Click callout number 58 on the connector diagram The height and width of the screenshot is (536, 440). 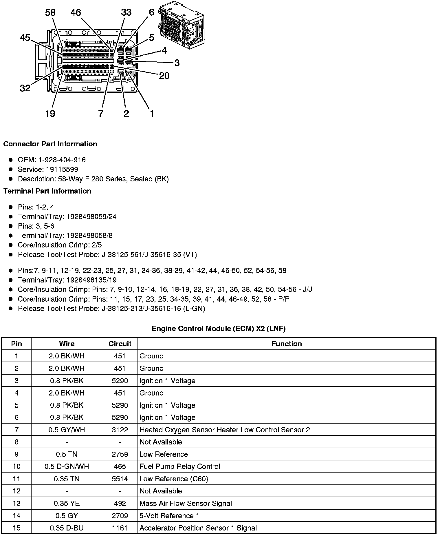click(x=50, y=12)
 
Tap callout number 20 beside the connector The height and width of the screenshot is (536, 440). click(x=164, y=76)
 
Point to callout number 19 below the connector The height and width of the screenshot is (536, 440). click(x=50, y=113)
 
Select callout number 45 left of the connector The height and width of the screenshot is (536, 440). click(x=25, y=38)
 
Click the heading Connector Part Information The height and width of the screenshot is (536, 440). click(x=50, y=144)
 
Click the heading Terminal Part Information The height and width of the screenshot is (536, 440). click(x=47, y=191)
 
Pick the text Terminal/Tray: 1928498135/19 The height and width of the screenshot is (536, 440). click(x=67, y=280)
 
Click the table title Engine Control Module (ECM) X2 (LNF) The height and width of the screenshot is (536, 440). click(x=219, y=329)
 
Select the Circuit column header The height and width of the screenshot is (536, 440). click(x=120, y=344)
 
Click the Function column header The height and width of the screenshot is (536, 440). click(x=287, y=344)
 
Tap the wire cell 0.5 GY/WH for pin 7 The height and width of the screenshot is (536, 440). click(x=67, y=430)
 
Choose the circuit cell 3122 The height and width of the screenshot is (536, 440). click(x=120, y=430)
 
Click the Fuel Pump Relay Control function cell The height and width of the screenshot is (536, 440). click(x=180, y=466)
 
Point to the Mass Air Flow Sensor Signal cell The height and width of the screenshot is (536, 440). click(x=186, y=503)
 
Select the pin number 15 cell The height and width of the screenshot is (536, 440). click(x=16, y=528)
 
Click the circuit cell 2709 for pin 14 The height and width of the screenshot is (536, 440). click(x=120, y=516)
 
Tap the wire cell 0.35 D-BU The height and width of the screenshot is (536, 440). click(x=67, y=528)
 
